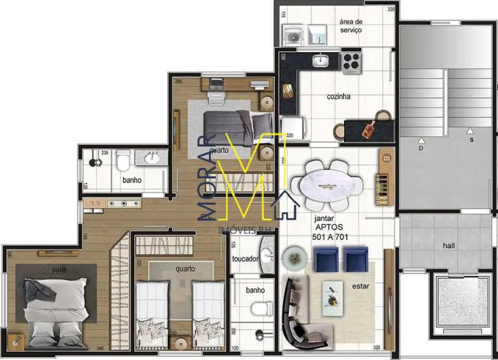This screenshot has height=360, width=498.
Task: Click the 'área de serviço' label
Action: pos(351,26)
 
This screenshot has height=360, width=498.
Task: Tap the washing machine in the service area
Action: pos(292,36)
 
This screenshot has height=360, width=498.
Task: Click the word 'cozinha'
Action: pos(338,96)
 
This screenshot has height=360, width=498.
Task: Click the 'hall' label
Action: pos(449,245)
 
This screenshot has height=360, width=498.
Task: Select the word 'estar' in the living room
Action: pos(360,286)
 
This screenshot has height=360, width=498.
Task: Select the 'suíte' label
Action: pos(60,269)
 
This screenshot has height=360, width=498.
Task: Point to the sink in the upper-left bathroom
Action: pos(152,159)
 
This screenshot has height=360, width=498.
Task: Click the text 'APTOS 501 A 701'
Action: pos(328,232)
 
